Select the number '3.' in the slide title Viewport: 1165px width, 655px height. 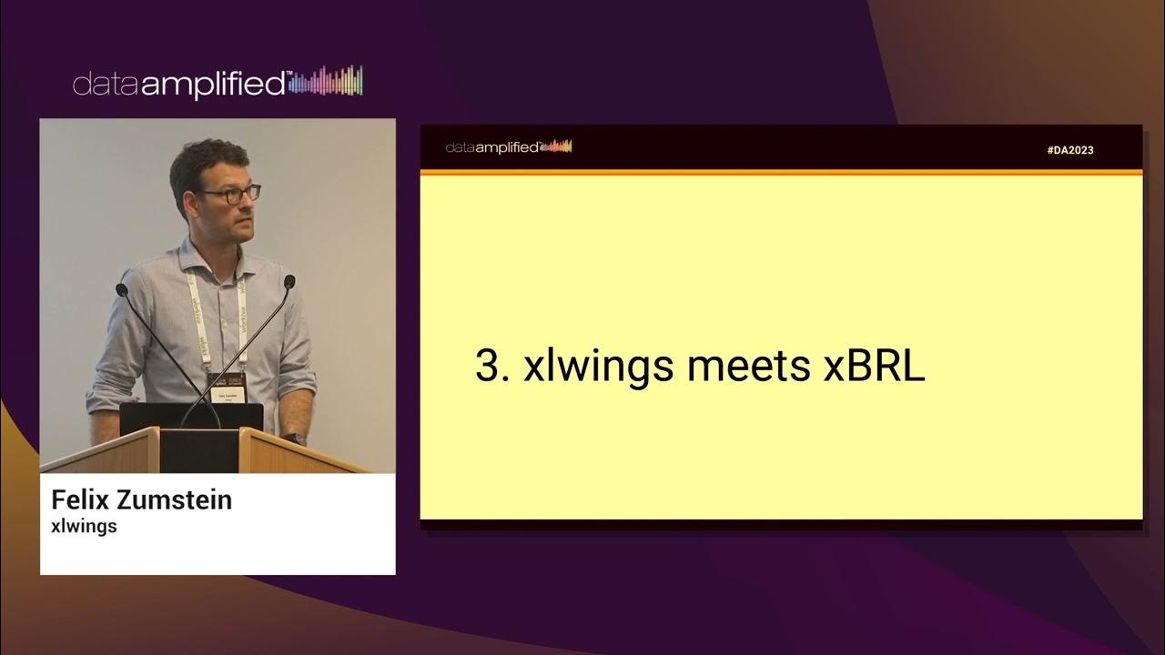tap(492, 366)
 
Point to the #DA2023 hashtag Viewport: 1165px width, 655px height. tap(1070, 150)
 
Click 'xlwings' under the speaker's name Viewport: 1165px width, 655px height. tap(84, 526)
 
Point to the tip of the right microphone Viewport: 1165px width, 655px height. tap(289, 281)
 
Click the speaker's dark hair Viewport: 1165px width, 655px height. tap(208, 156)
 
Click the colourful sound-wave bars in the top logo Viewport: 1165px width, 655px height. tap(328, 82)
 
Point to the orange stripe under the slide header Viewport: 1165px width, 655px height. tap(781, 171)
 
